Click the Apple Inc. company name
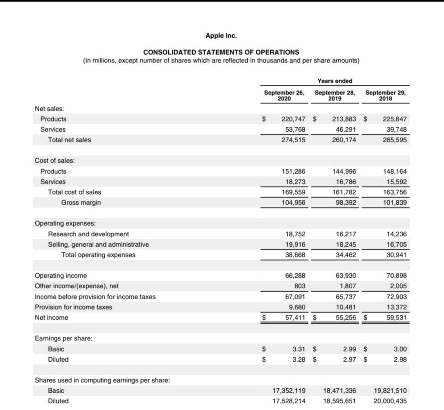tap(221, 36)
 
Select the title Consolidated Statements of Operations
tap(221, 52)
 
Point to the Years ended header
tap(334, 81)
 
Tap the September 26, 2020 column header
tap(284, 96)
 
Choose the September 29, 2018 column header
tap(385, 96)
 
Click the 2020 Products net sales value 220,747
tap(293, 119)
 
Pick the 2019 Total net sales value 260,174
tap(344, 140)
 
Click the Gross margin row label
tap(81, 203)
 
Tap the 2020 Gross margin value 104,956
tap(293, 203)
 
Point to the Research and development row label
tap(88, 234)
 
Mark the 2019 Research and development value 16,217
tap(346, 234)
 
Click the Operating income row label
tap(61, 276)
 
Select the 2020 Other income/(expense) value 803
tap(300, 286)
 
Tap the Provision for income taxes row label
tap(74, 307)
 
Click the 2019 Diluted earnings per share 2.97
tap(349, 359)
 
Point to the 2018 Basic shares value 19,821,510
tap(390, 391)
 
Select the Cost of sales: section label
tap(55, 161)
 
